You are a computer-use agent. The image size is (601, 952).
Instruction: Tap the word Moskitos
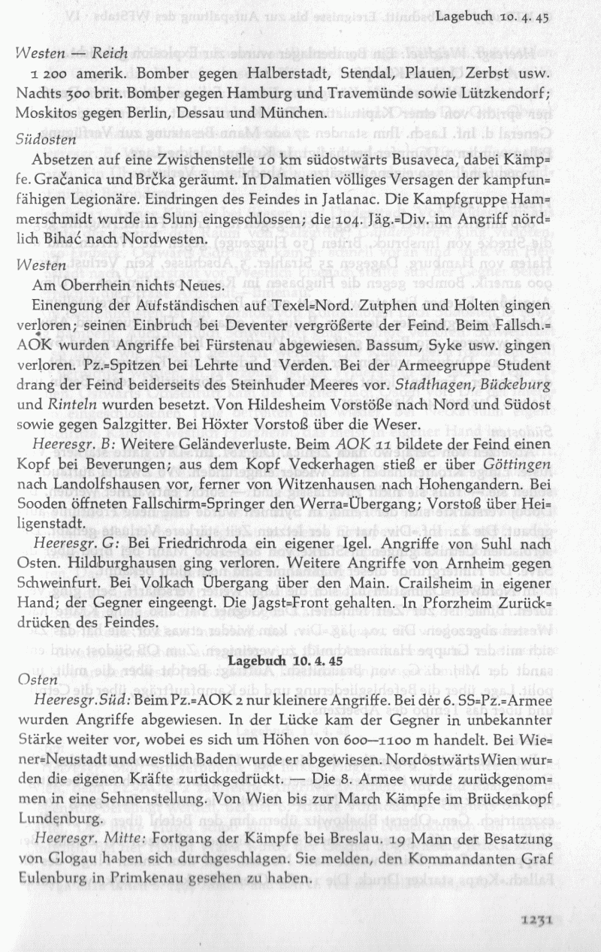tap(44, 113)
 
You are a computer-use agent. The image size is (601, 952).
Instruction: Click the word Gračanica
tap(71, 181)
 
